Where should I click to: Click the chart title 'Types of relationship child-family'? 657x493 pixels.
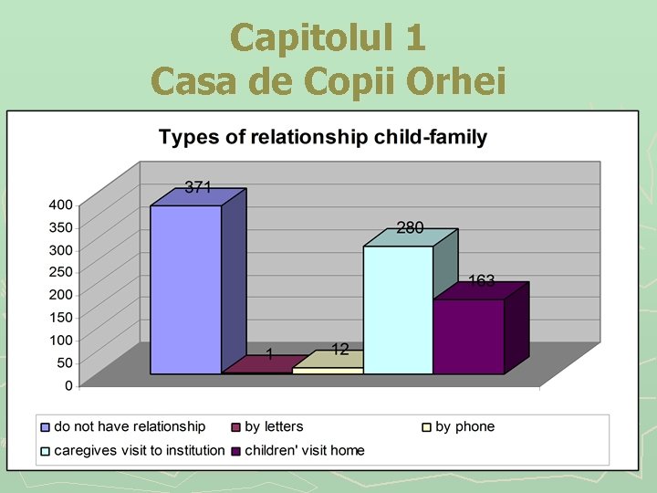pyautogui.click(x=322, y=138)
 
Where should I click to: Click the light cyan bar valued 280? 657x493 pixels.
pyautogui.click(x=398, y=310)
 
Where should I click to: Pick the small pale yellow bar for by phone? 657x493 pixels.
pyautogui.click(x=328, y=370)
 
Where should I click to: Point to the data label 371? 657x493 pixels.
pyautogui.click(x=198, y=187)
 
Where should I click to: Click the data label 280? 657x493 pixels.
pyautogui.click(x=410, y=228)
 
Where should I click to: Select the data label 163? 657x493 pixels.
pyautogui.click(x=481, y=281)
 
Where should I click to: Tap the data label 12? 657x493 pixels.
pyautogui.click(x=340, y=349)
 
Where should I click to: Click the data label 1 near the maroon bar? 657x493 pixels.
pyautogui.click(x=270, y=353)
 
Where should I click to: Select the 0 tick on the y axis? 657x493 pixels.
pyautogui.click(x=68, y=385)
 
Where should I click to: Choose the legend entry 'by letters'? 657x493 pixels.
pyautogui.click(x=274, y=426)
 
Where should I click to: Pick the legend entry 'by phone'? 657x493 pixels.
pyautogui.click(x=464, y=426)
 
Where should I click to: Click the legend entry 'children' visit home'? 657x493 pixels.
pyautogui.click(x=304, y=450)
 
